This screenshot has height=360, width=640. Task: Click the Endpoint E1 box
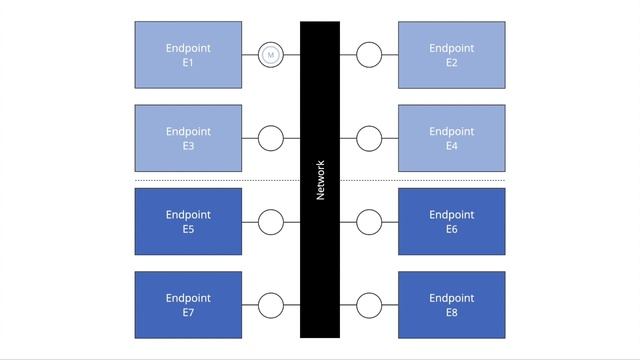(x=188, y=54)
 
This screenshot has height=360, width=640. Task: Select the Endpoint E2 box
(x=451, y=54)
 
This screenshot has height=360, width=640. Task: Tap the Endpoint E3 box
(x=188, y=138)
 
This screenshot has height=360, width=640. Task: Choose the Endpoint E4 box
(x=451, y=138)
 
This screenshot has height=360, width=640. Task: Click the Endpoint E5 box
(x=188, y=221)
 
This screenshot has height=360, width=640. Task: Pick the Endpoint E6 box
(x=451, y=221)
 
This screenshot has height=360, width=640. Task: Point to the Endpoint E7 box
(x=188, y=304)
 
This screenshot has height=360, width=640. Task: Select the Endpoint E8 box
(x=451, y=304)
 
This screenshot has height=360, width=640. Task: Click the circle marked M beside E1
(x=270, y=55)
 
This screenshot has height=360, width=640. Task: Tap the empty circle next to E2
(x=369, y=55)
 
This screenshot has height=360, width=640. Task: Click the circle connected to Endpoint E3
(x=270, y=138)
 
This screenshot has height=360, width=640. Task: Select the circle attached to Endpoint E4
(x=369, y=138)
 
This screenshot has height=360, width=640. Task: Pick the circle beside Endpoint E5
(x=270, y=221)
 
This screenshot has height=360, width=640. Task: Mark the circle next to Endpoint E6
(x=369, y=221)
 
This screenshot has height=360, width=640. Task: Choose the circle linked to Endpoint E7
(x=270, y=304)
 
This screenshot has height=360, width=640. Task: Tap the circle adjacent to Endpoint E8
(x=369, y=304)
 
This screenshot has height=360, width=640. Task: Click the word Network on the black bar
(x=320, y=180)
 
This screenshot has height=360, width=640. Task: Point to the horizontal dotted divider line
(x=220, y=180)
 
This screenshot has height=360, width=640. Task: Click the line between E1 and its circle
(x=249, y=55)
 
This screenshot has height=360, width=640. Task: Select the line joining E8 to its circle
(x=390, y=304)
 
